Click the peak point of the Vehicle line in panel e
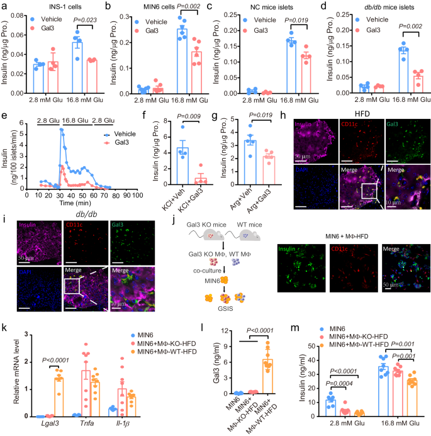pos(60,130)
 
